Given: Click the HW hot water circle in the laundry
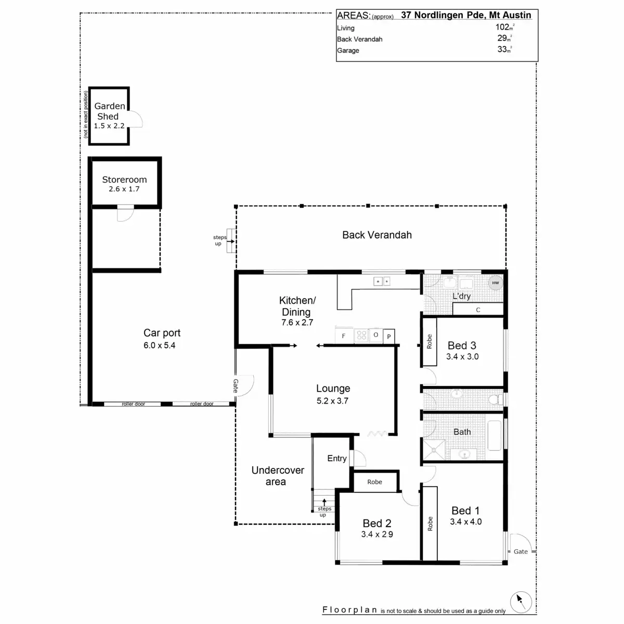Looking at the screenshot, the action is tap(495, 283).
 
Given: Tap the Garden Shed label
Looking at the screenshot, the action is tap(109, 111).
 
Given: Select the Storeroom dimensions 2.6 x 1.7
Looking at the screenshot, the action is tap(124, 189).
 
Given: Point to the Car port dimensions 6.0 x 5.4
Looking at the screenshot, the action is tap(159, 345).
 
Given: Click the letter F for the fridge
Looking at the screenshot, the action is tap(344, 336).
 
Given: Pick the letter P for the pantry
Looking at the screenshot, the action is tap(388, 336).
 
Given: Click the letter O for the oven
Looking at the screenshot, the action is tap(375, 335).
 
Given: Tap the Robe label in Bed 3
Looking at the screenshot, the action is tap(430, 341).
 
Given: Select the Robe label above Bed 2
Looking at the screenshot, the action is tap(374, 482).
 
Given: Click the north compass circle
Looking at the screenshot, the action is tap(521, 602).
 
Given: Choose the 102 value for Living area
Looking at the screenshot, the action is tap(502, 27).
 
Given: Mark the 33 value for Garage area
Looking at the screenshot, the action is tap(502, 49).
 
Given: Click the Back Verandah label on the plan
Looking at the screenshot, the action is tap(377, 235).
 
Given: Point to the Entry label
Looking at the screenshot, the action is tap(337, 459).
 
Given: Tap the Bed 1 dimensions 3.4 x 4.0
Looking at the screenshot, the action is tap(465, 522).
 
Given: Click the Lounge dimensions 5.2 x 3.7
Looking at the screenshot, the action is tap(333, 401).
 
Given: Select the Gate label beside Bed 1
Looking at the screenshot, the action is tap(521, 552).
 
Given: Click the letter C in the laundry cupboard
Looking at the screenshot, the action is tap(478, 310).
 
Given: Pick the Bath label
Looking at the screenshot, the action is tap(462, 432).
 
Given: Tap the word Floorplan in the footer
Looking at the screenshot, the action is tap(350, 610).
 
